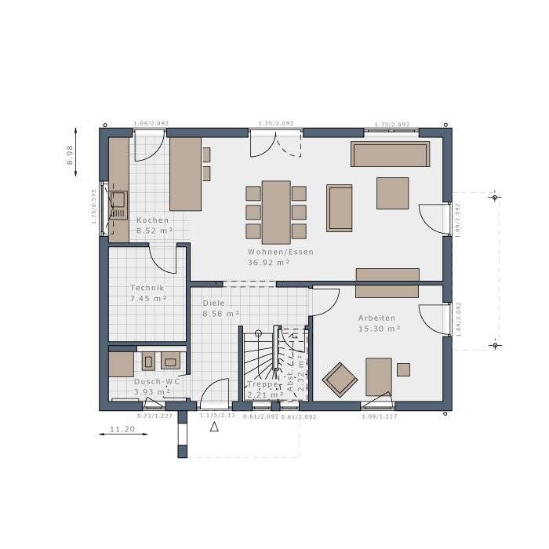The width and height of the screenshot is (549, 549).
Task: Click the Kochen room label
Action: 152,220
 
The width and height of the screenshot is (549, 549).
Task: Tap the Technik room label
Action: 147,288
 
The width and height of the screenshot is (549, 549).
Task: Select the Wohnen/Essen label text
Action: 280,252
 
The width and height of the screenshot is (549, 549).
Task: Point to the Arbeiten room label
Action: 376,318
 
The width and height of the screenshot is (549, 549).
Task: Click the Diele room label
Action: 213,302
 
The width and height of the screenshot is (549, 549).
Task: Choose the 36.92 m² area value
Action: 270,263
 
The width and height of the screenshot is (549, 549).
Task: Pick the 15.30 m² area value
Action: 379,329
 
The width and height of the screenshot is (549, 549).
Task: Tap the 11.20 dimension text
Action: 122,430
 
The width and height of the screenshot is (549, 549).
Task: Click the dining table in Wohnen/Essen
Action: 276,212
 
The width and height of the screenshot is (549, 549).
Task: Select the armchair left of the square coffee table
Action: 339,208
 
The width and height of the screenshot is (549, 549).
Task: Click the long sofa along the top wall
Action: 390,155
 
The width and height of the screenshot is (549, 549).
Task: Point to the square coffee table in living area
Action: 392,193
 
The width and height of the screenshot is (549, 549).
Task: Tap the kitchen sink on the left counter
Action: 118,205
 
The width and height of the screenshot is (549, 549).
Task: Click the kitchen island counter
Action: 185,174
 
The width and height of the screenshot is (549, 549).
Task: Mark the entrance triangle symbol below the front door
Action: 214,427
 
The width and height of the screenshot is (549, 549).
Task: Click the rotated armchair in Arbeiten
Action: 340,380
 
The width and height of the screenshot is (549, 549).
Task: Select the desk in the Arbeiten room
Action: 379,376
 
